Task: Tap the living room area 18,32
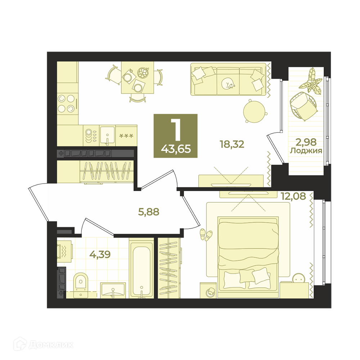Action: coord(232,144)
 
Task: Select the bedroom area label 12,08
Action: coord(293,196)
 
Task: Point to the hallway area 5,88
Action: coord(149,212)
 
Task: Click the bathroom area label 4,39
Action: coord(100,254)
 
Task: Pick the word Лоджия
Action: coord(306,151)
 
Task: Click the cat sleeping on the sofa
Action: coord(228,84)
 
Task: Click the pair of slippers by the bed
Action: coord(206,235)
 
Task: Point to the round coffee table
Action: coord(255,111)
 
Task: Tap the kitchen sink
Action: coord(107,135)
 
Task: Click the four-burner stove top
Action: coord(67,104)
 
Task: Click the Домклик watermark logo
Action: coord(44,345)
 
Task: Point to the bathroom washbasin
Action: coord(113,290)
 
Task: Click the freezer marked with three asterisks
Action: coord(126,135)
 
